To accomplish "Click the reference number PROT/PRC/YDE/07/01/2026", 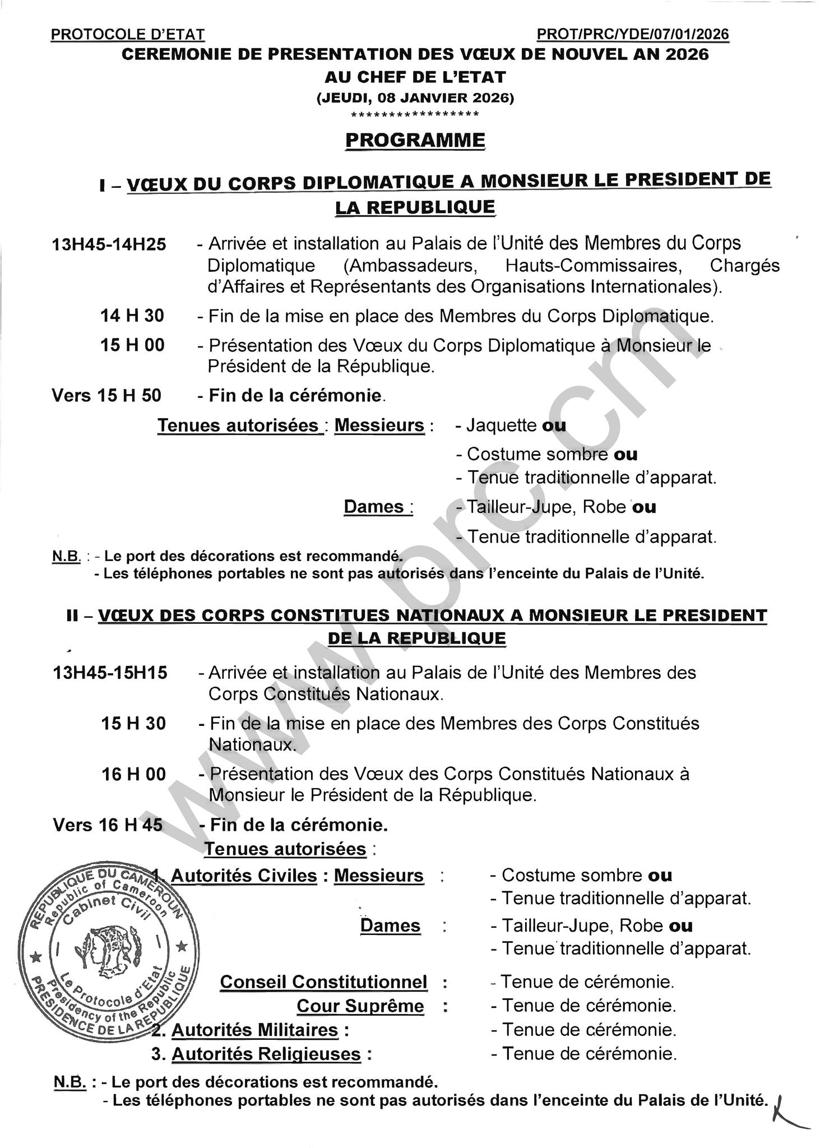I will click(x=633, y=34).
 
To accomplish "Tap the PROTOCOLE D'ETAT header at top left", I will click(x=128, y=34).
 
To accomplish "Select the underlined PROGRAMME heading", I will click(x=415, y=140).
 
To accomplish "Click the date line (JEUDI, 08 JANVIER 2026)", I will click(x=415, y=98).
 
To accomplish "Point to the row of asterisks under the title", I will click(x=415, y=115).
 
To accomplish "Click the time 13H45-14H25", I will click(x=109, y=244).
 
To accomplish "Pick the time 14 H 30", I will click(x=132, y=316).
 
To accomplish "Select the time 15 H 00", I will click(x=132, y=345).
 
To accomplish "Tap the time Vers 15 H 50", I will click(x=106, y=395).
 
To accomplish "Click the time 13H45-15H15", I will click(x=110, y=672).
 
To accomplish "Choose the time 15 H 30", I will click(x=133, y=723).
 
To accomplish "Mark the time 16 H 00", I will click(x=133, y=774).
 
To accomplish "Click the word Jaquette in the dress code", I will click(x=501, y=425).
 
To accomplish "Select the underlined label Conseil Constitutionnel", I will click(x=323, y=982).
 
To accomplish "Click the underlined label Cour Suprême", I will click(x=360, y=1006).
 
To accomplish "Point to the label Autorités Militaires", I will click(x=255, y=1030).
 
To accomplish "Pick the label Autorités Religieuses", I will click(x=266, y=1054).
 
